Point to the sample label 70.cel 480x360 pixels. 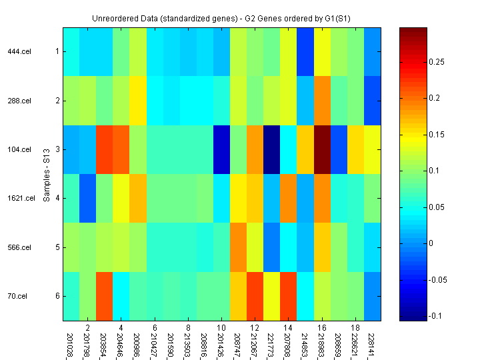pos(19,296)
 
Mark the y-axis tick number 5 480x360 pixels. pos(57,247)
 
